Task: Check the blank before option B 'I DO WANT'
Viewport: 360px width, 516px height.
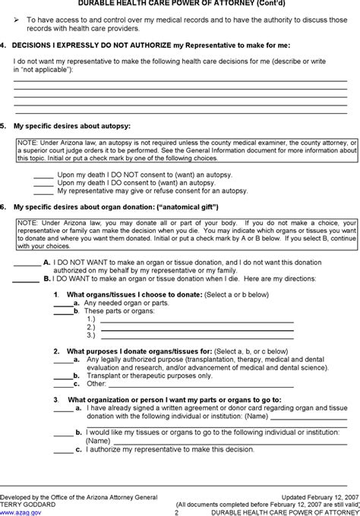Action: [27, 278]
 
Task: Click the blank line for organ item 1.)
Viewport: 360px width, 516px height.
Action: [197, 319]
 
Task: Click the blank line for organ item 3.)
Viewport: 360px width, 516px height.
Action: [197, 335]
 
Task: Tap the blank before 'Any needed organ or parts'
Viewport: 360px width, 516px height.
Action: [62, 302]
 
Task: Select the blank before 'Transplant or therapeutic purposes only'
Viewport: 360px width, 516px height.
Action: [62, 375]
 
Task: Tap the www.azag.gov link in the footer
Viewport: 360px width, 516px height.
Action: [16, 511]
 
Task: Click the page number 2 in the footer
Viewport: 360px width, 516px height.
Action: [175, 512]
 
